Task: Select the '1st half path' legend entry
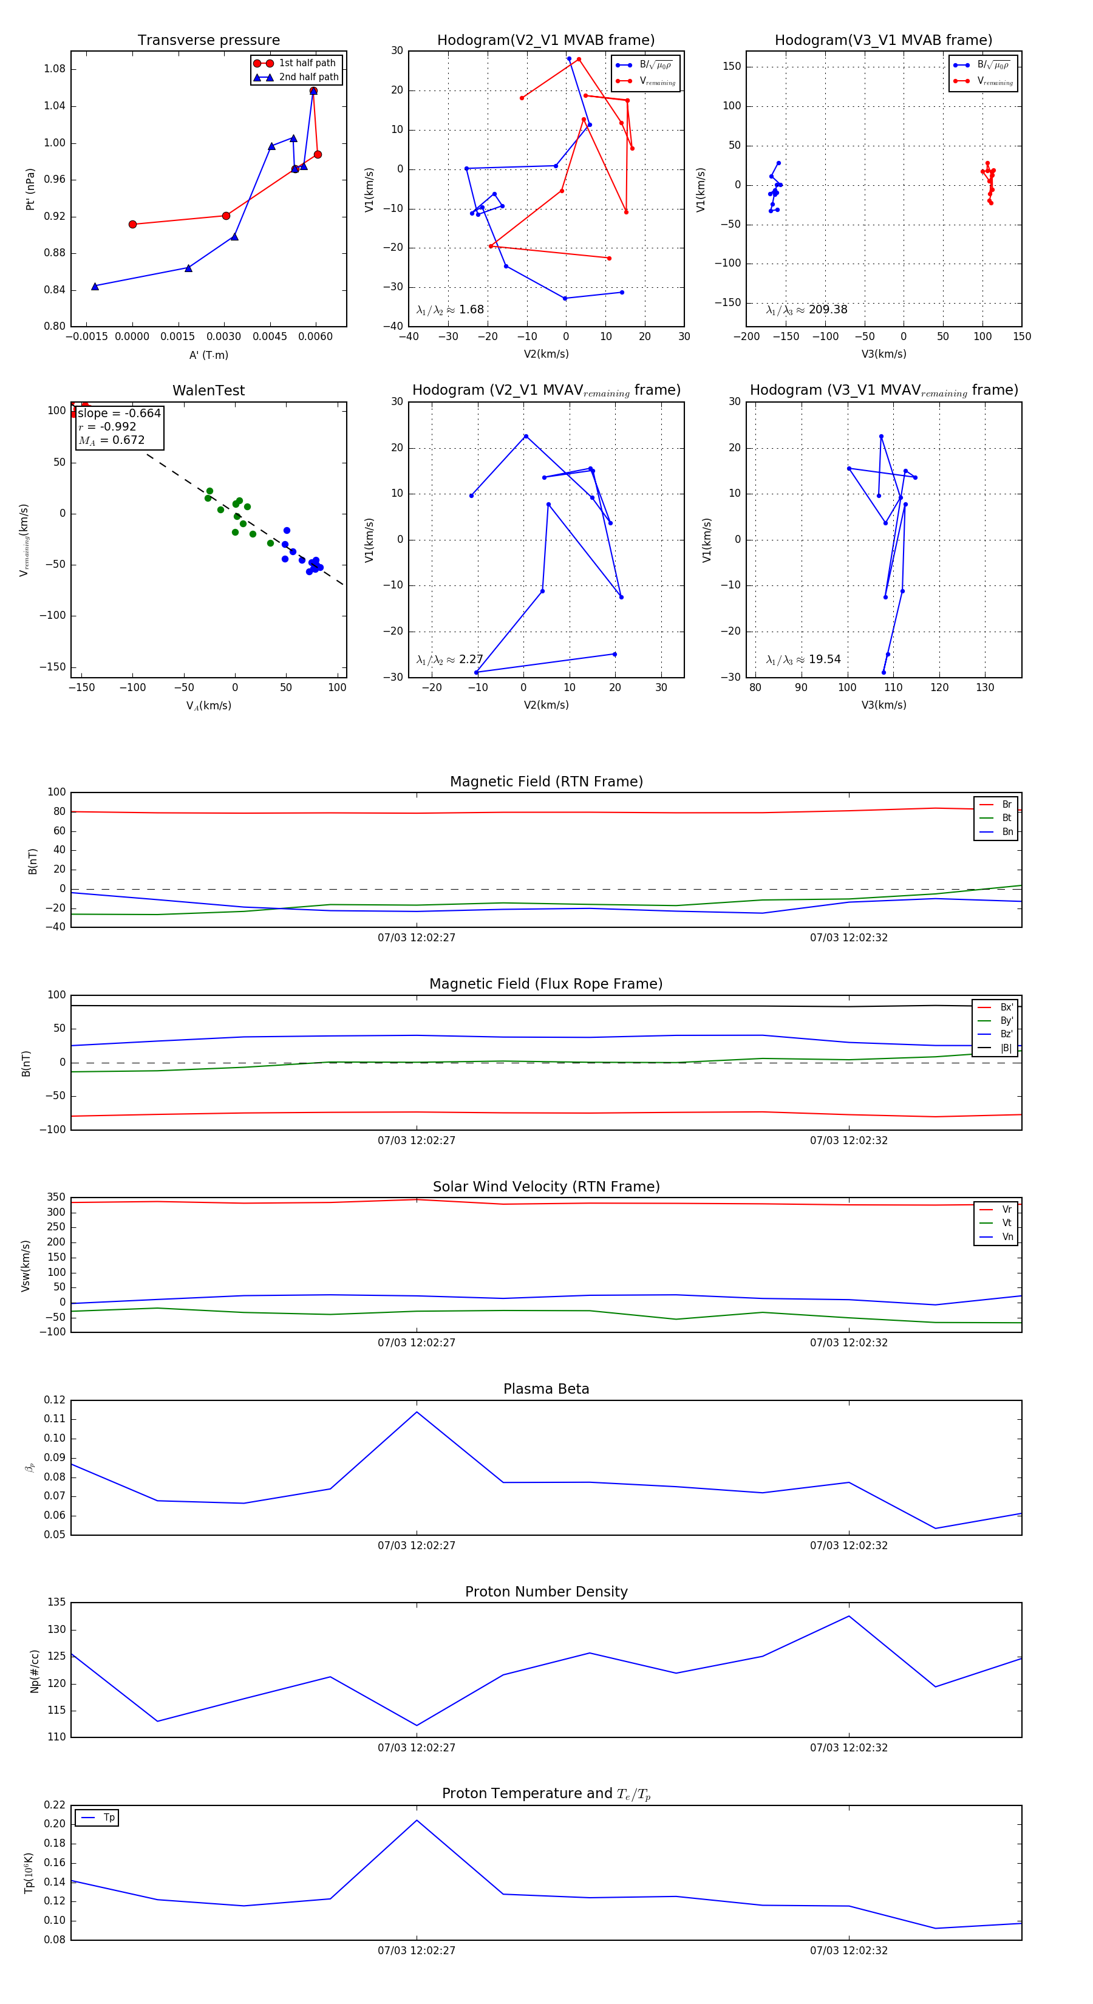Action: pos(307,63)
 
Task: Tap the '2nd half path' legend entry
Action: pos(308,77)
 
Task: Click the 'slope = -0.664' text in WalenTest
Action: pos(119,413)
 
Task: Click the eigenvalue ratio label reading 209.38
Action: pos(807,310)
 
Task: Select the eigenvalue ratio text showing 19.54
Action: pos(803,659)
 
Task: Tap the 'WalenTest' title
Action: pos(208,390)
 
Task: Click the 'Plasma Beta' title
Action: pos(546,1389)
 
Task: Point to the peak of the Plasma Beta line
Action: pos(417,1412)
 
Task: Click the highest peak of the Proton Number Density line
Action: pos(849,1617)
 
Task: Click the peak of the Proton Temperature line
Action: pos(417,1821)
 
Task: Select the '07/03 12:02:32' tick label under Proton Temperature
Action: pos(849,1951)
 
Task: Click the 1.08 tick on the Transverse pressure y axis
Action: pos(55,69)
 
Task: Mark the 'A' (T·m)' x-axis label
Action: pos(208,355)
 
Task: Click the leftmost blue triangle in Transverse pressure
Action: pos(95,286)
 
